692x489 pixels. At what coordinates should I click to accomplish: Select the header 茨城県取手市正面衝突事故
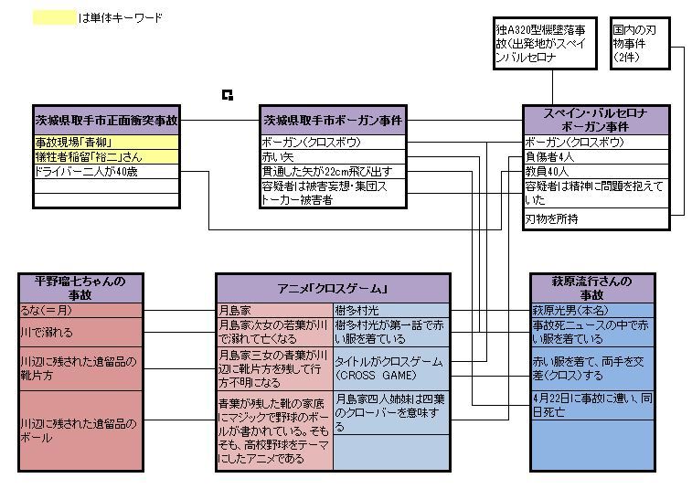coord(106,121)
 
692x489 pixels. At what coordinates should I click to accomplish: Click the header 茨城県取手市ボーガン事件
coord(333,121)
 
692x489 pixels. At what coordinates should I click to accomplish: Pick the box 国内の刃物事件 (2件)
coord(640,42)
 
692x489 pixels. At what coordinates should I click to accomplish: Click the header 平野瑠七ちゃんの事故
coord(81,287)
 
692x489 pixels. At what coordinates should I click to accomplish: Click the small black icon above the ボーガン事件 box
coord(228,94)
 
